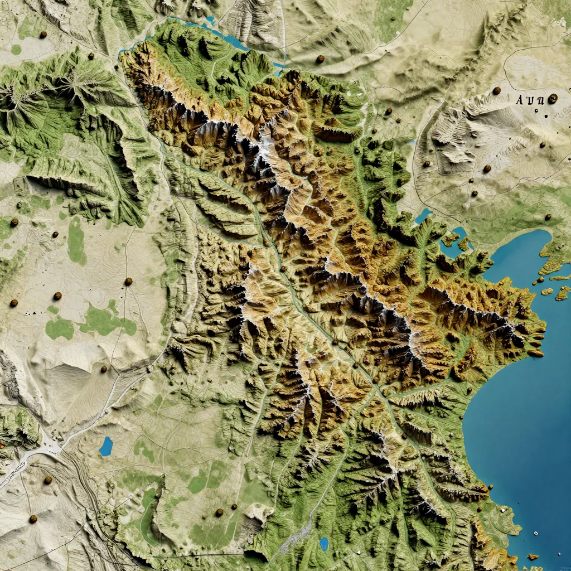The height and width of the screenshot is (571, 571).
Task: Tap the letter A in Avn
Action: tap(520, 100)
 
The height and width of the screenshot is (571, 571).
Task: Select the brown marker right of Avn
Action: tap(553, 99)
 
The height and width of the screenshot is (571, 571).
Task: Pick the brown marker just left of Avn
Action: tap(496, 90)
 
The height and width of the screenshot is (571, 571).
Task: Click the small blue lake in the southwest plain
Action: tap(105, 446)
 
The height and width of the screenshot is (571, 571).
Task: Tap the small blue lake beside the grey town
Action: tap(324, 543)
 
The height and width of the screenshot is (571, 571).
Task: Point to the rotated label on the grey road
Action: tap(16, 472)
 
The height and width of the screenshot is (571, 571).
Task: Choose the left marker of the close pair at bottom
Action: tap(219, 512)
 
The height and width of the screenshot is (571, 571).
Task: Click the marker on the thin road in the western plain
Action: tap(128, 282)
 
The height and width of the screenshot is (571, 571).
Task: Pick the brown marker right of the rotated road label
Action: tap(47, 480)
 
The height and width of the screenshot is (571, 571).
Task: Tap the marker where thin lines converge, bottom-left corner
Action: tap(33, 519)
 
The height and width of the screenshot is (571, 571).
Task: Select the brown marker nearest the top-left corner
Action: tap(43, 35)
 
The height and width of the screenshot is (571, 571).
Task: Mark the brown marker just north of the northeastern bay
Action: tap(548, 217)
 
